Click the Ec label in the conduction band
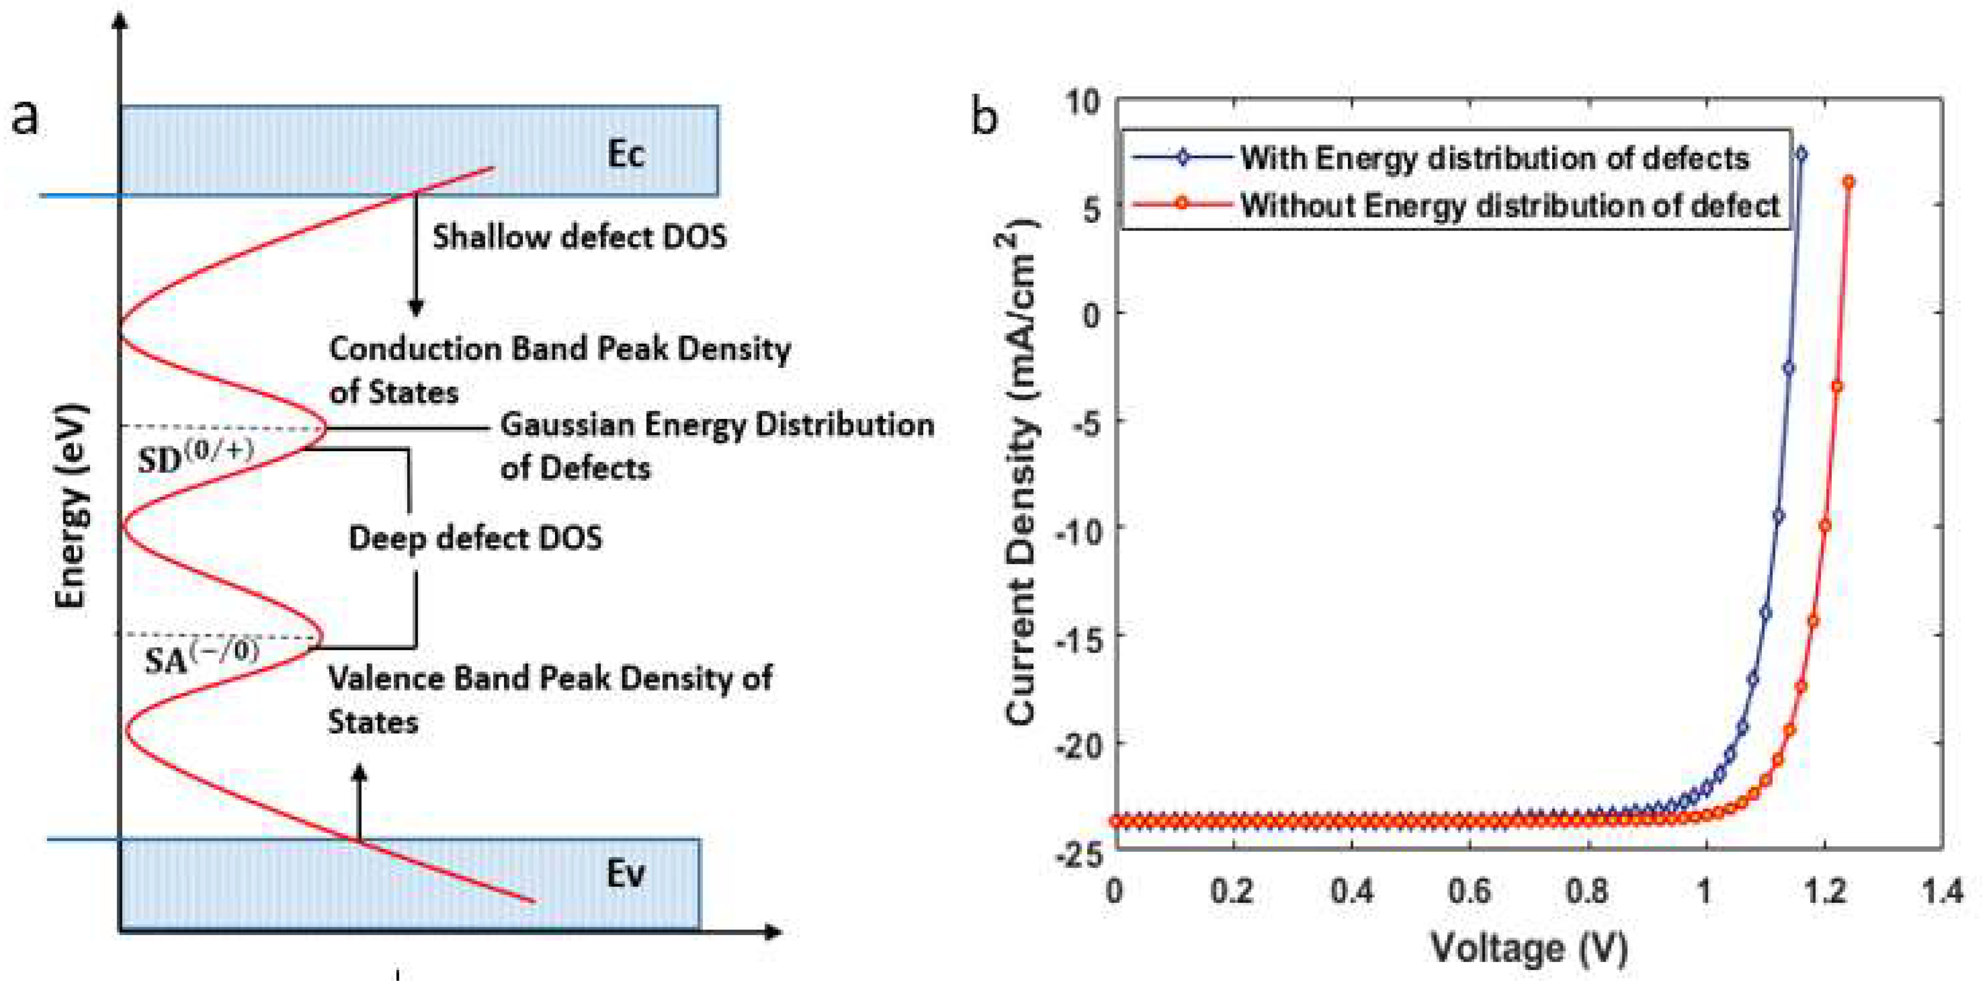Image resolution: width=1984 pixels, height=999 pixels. (x=625, y=154)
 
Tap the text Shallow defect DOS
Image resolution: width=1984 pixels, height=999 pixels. (x=579, y=236)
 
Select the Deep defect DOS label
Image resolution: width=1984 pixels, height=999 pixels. (x=475, y=537)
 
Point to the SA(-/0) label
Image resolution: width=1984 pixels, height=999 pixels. (x=202, y=656)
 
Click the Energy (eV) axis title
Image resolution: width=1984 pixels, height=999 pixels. (x=71, y=506)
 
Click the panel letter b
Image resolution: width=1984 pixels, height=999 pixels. (x=984, y=118)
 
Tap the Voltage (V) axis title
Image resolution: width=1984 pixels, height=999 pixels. (x=1529, y=947)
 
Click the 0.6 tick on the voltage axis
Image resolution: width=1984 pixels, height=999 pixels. (x=1468, y=891)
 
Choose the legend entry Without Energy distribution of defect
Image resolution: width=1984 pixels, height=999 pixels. (x=1510, y=206)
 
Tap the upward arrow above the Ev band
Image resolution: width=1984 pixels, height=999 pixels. (x=359, y=801)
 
